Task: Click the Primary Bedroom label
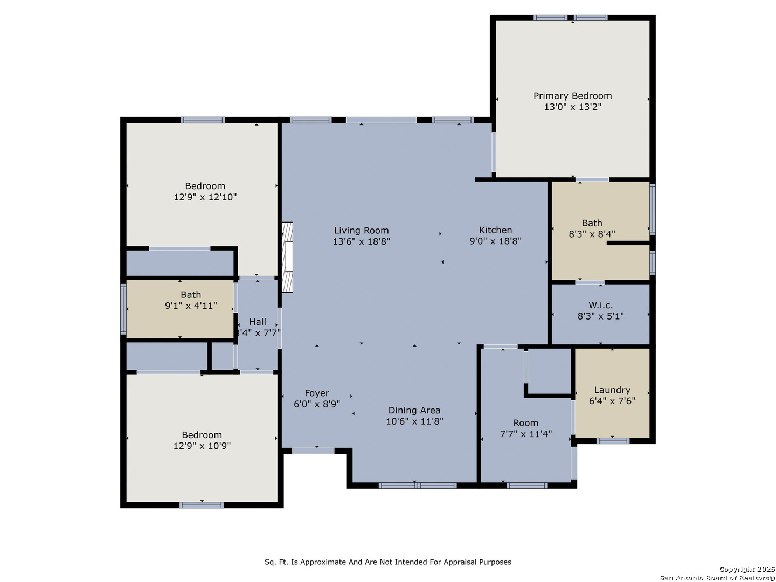(x=572, y=96)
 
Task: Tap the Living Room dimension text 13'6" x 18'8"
(x=361, y=241)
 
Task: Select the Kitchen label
(x=495, y=230)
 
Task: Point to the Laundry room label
(x=612, y=390)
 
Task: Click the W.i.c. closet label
(x=600, y=304)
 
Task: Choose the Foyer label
(x=317, y=393)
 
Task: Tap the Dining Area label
(x=414, y=410)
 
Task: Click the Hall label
(x=258, y=322)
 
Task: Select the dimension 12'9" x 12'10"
(x=205, y=197)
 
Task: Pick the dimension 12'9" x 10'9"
(x=202, y=446)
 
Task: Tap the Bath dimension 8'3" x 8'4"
(x=592, y=234)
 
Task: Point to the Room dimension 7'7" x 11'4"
(x=526, y=434)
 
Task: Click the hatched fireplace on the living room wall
(x=287, y=257)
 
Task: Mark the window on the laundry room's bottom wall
(x=613, y=441)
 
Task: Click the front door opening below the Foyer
(x=313, y=451)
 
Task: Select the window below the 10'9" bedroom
(x=202, y=505)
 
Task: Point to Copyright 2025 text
(x=747, y=569)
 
